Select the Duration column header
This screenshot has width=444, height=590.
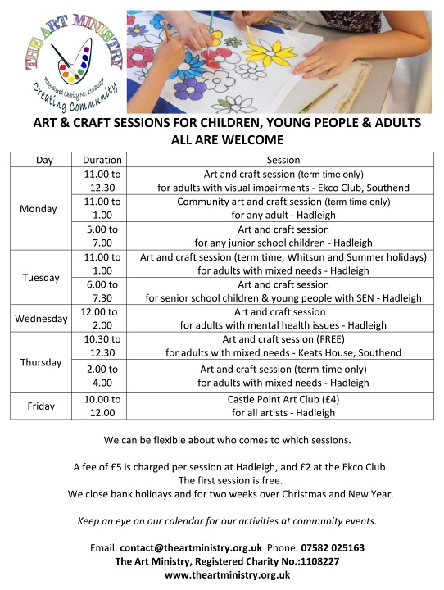tap(102, 160)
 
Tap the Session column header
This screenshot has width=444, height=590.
tap(283, 160)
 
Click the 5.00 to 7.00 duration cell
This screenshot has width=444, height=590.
tap(102, 236)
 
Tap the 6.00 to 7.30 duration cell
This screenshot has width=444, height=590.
tap(102, 291)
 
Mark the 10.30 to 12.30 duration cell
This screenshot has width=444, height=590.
tap(102, 346)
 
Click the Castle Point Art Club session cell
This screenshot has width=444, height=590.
tap(283, 406)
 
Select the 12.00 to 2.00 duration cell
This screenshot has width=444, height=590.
tap(102, 318)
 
